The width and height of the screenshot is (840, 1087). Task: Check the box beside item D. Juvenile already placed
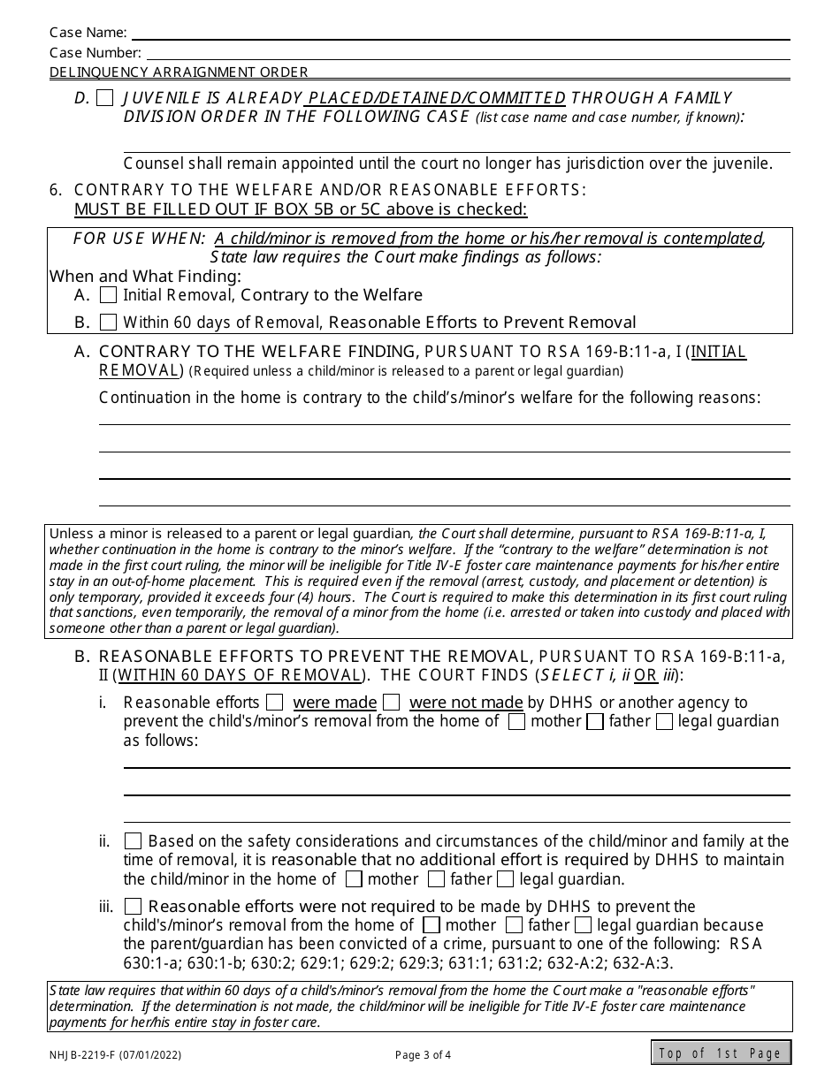tap(104, 98)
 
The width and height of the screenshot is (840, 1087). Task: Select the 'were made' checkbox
tap(275, 703)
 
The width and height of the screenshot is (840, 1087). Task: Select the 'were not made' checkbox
tap(392, 703)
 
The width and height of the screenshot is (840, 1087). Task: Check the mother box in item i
tap(517, 721)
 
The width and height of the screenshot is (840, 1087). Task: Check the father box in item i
tap(595, 721)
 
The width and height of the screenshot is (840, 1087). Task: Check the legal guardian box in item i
tap(664, 721)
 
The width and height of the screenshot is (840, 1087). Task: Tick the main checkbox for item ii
tap(133, 841)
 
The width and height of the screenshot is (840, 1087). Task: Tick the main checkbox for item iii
tap(133, 907)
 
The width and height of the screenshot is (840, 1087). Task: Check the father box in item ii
tap(436, 879)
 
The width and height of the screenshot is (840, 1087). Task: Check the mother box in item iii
tap(431, 925)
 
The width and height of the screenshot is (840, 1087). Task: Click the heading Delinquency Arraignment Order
tap(179, 72)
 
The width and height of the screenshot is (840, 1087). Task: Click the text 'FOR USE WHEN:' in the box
tap(139, 239)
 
